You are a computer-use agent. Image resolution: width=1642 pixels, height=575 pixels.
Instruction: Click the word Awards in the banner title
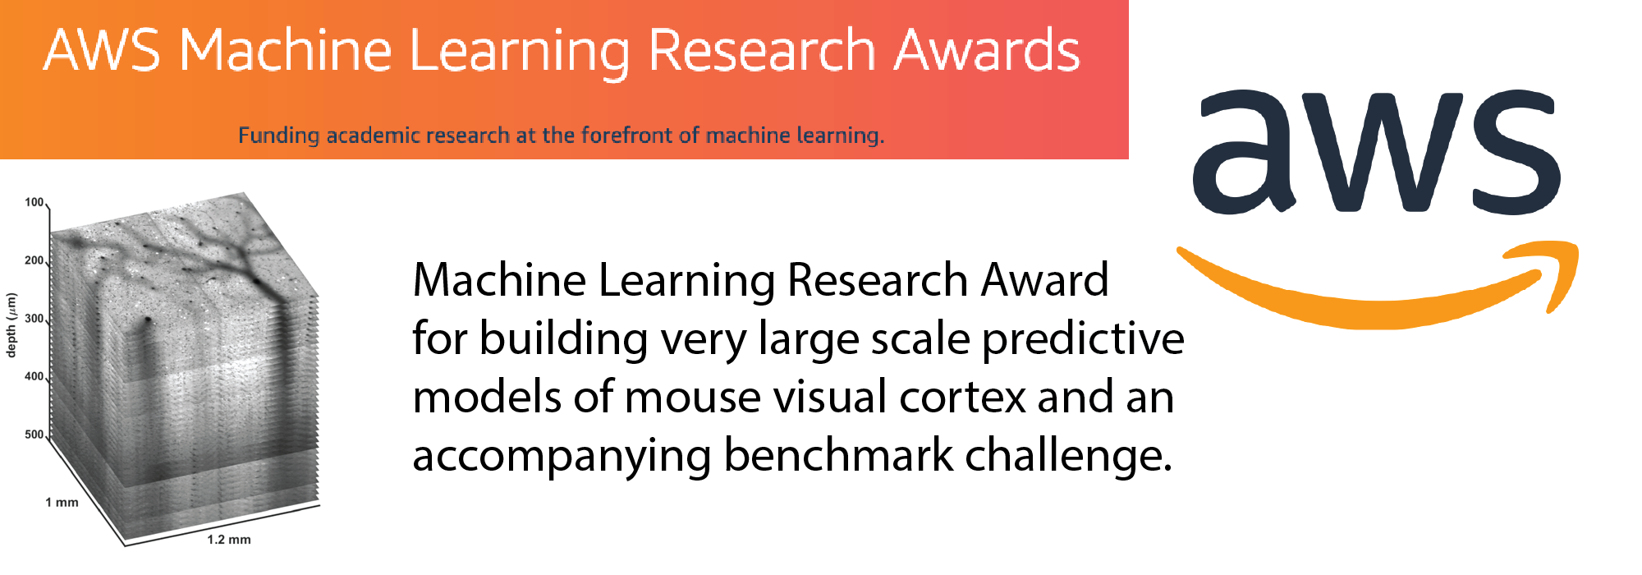click(987, 50)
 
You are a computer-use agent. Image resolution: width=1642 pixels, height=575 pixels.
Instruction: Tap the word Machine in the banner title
click(286, 50)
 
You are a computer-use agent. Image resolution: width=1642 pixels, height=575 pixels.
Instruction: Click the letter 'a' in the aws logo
click(1245, 152)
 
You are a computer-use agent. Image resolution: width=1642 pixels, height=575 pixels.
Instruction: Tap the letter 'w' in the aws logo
click(1385, 152)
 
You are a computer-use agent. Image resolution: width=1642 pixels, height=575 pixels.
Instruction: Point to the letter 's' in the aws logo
click(1516, 152)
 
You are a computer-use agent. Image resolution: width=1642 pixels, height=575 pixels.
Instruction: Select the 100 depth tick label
click(34, 202)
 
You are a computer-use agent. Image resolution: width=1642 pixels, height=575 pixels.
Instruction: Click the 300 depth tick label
click(34, 319)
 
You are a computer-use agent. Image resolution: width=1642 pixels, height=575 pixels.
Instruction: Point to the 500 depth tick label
click(34, 435)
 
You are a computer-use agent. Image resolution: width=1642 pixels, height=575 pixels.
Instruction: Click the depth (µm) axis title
click(11, 325)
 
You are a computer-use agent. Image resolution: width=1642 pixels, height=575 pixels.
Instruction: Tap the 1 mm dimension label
click(62, 503)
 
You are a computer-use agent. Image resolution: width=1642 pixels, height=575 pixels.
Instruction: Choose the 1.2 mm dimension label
click(229, 540)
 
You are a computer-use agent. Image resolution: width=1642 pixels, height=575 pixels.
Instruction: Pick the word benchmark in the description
click(838, 455)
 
